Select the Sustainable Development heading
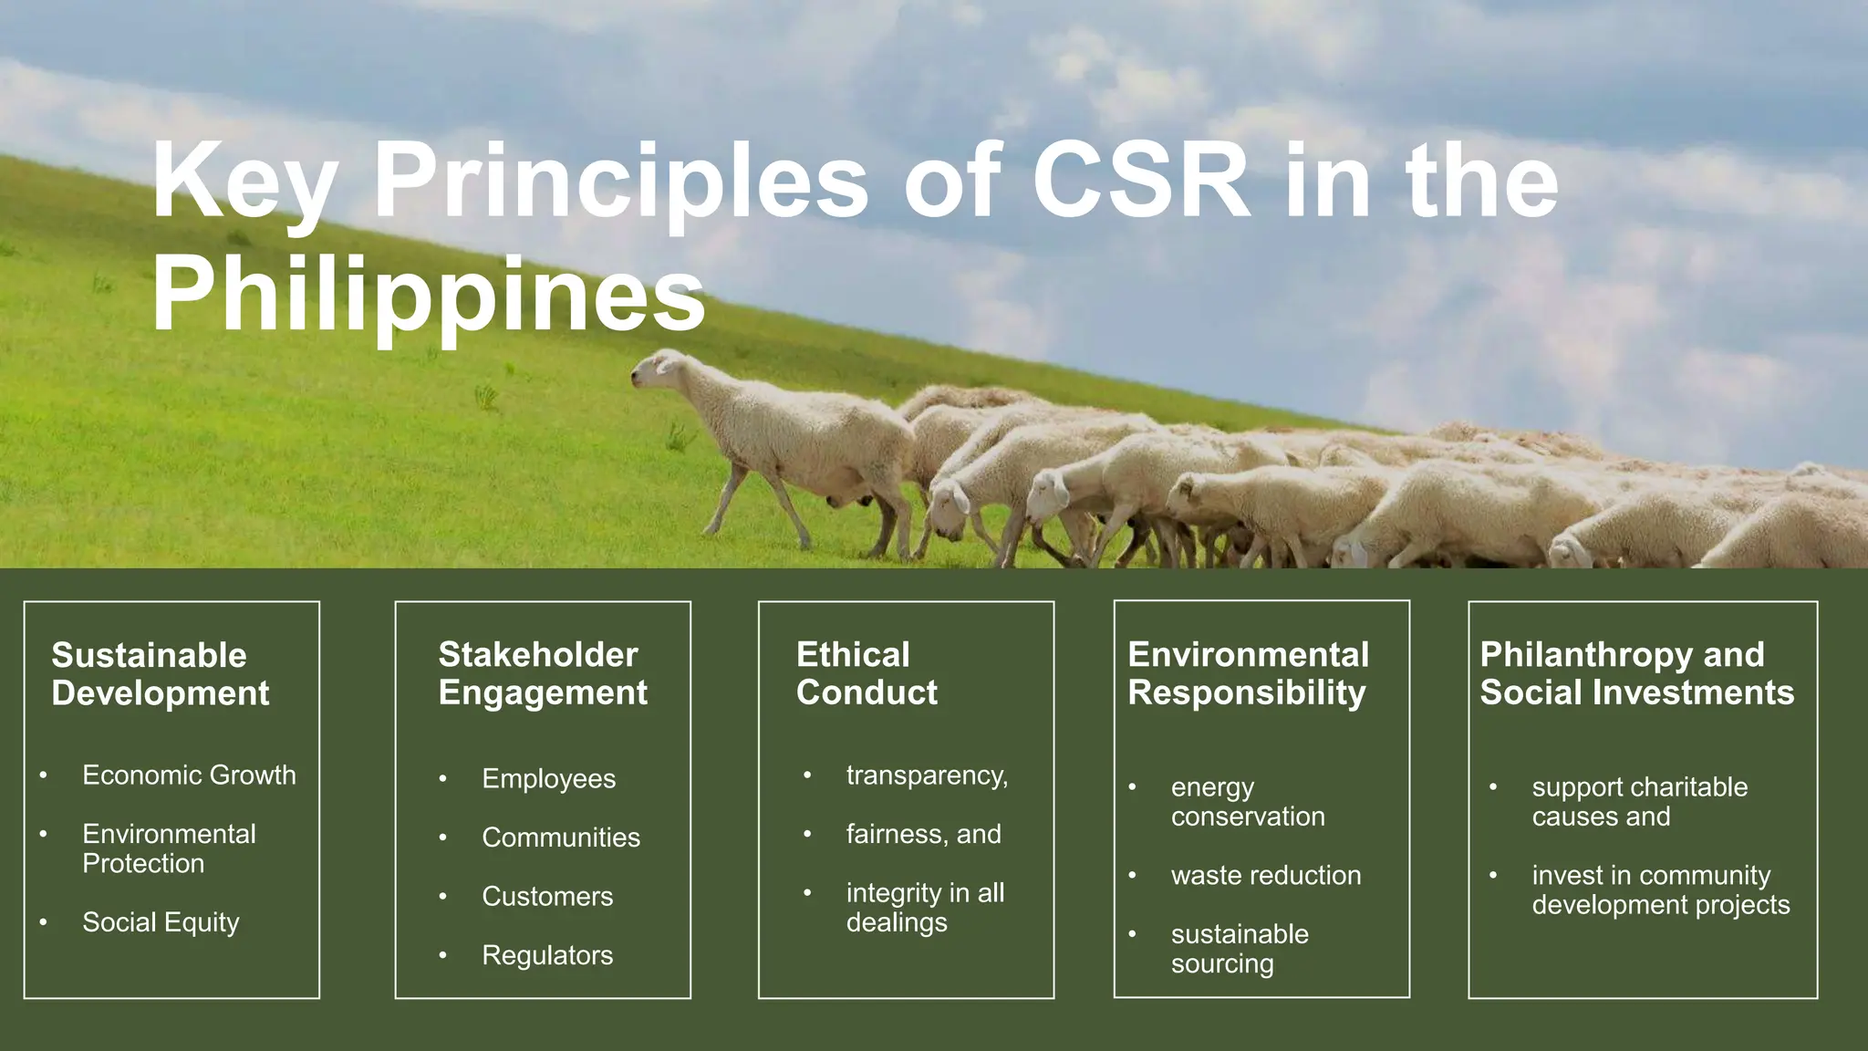[161, 674]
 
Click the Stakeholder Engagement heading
[543, 673]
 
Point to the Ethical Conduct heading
[867, 673]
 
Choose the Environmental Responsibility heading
[1248, 673]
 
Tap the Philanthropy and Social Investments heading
[1636, 673]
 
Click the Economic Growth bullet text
[189, 775]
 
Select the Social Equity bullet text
[161, 922]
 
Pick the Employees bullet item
[548, 779]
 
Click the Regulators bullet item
[547, 955]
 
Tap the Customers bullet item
[547, 897]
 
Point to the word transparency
[927, 775]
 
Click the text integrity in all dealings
[924, 907]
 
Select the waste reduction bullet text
[1265, 876]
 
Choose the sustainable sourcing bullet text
[1239, 949]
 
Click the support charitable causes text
[1639, 801]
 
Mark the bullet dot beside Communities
[442, 838]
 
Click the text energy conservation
[1247, 801]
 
